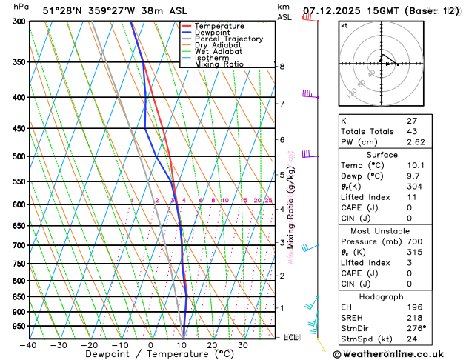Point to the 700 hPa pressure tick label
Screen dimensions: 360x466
[x=19, y=245]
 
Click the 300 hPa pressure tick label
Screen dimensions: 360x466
[x=19, y=21]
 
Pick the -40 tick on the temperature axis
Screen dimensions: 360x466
[x=28, y=345]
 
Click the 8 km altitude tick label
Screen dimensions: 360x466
[x=282, y=67]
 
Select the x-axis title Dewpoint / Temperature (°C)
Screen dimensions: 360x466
[x=150, y=355]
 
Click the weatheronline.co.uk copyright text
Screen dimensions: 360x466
[x=399, y=354]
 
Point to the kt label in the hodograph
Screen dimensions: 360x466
[x=344, y=26]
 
